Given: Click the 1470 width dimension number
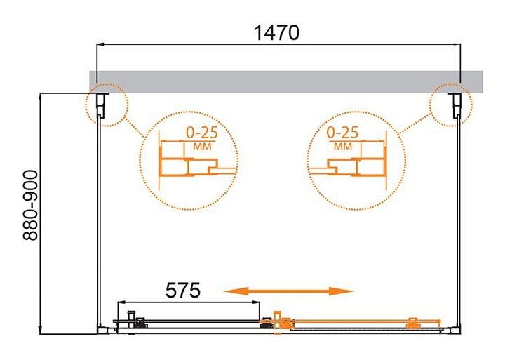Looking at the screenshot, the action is pyautogui.click(x=276, y=32).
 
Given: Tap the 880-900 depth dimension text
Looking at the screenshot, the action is pyautogui.click(x=31, y=206).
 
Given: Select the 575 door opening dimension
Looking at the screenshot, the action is pyautogui.click(x=182, y=290).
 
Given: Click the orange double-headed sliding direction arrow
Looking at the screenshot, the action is pyautogui.click(x=288, y=291).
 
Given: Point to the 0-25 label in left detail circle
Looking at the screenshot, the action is pyautogui.click(x=202, y=132).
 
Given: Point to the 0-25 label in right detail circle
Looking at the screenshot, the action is pyautogui.click(x=342, y=132).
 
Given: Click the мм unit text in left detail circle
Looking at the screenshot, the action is pyautogui.click(x=202, y=147).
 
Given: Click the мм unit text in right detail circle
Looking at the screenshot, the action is pyautogui.click(x=343, y=147).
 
